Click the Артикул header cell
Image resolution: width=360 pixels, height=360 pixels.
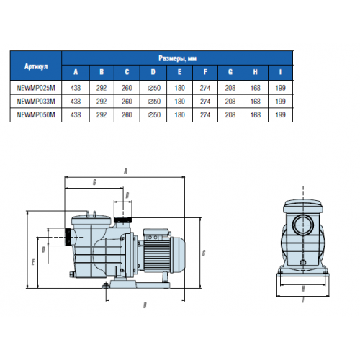pyautogui.click(x=36, y=66)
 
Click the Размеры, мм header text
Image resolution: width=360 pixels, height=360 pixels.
pyautogui.click(x=177, y=58)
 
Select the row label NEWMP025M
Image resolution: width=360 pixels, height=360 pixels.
pyautogui.click(x=36, y=88)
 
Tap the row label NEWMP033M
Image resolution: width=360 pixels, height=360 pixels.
pyautogui.click(x=36, y=102)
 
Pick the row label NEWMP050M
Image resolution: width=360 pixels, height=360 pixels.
pyautogui.click(x=36, y=114)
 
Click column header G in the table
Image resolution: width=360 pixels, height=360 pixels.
pyautogui.click(x=230, y=72)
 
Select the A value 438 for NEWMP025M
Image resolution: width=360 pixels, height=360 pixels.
pyautogui.click(x=76, y=88)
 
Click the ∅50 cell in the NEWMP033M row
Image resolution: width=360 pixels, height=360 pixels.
pyautogui.click(x=154, y=102)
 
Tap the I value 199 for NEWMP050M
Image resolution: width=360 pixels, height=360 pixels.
pyautogui.click(x=280, y=114)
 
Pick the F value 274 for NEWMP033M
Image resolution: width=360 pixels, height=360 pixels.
pyautogui.click(x=205, y=102)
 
